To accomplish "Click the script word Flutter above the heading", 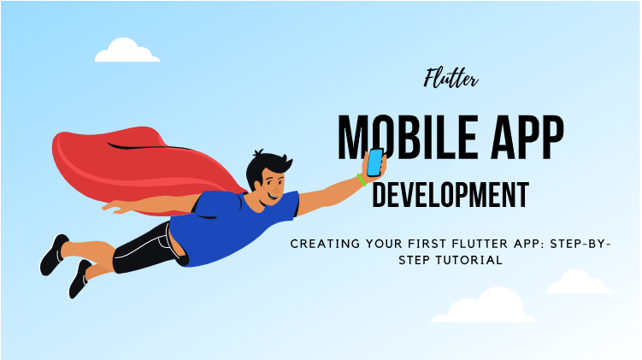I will [451, 80].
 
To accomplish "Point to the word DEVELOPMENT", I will [451, 194].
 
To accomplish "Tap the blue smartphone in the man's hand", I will [374, 162].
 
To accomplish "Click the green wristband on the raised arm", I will [362, 180].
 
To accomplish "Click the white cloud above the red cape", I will [127, 51].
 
